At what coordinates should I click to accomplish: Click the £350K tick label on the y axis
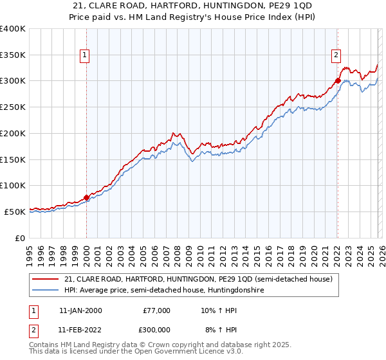click(13, 55)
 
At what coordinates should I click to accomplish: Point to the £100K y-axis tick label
click(13, 185)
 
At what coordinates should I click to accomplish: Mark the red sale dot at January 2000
click(86, 197)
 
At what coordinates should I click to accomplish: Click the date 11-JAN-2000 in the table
click(80, 310)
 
